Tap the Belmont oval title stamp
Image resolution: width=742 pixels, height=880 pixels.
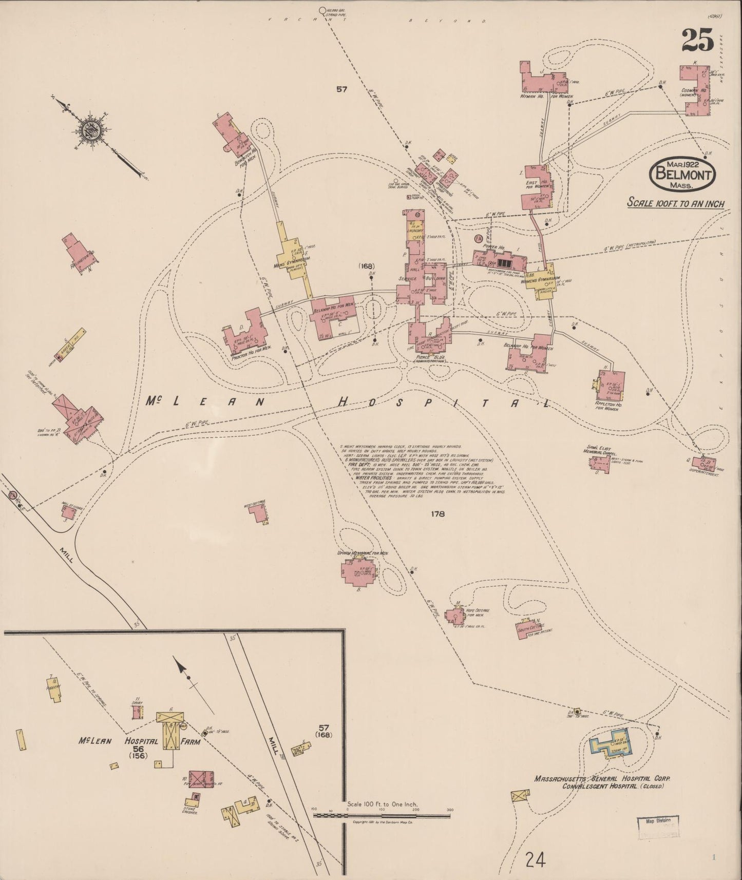[682, 175]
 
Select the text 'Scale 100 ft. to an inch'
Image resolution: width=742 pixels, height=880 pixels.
[676, 203]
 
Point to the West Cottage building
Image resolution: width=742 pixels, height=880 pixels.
[259, 513]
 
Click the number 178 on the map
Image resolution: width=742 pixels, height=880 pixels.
[437, 513]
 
